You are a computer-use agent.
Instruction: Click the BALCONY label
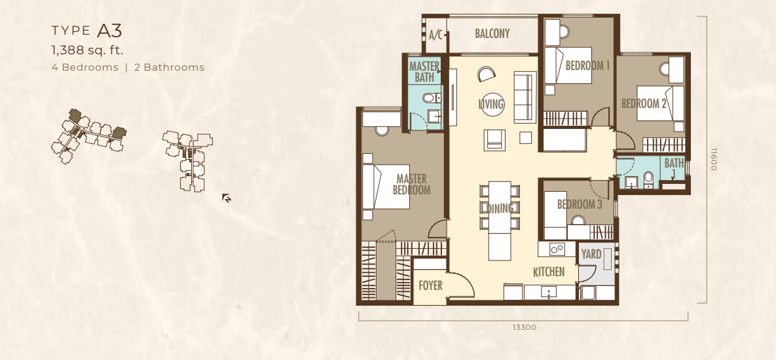[492, 33]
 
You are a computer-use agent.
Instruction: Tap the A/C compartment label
[435, 35]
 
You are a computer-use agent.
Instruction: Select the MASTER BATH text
[424, 72]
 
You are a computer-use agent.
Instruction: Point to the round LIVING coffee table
[492, 104]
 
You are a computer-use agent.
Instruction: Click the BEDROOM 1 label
[587, 65]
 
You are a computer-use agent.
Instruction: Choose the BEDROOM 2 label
[644, 103]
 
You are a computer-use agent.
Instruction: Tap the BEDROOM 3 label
[580, 204]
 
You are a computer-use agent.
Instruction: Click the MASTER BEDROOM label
[412, 185]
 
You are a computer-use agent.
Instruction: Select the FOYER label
[430, 286]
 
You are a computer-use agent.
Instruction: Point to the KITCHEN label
[549, 272]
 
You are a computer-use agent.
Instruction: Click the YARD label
[591, 254]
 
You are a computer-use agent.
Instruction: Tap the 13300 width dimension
[524, 327]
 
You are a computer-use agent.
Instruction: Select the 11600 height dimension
[713, 159]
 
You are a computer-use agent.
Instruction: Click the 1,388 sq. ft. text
[87, 50]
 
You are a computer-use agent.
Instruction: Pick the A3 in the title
[109, 31]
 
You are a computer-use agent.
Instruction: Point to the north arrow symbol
[227, 198]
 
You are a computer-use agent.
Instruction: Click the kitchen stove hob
[557, 249]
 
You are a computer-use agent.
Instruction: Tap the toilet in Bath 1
[648, 180]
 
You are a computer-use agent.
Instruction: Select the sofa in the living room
[525, 98]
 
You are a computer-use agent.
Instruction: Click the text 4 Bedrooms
[85, 67]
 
